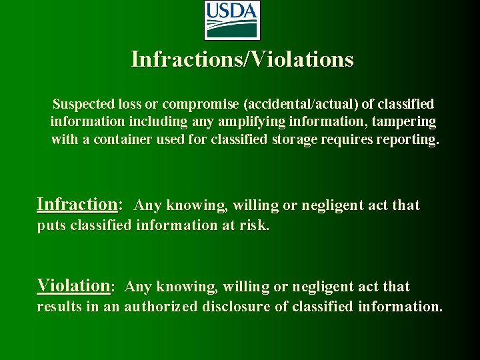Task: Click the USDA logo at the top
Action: click(231, 20)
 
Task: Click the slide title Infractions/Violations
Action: click(242, 59)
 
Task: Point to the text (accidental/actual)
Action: click(300, 104)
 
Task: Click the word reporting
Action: click(409, 140)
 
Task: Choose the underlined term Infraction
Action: click(77, 204)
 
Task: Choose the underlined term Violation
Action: click(73, 285)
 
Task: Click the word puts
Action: click(51, 225)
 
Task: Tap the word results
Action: click(58, 307)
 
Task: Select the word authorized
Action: click(161, 307)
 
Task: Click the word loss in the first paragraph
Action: click(132, 104)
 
